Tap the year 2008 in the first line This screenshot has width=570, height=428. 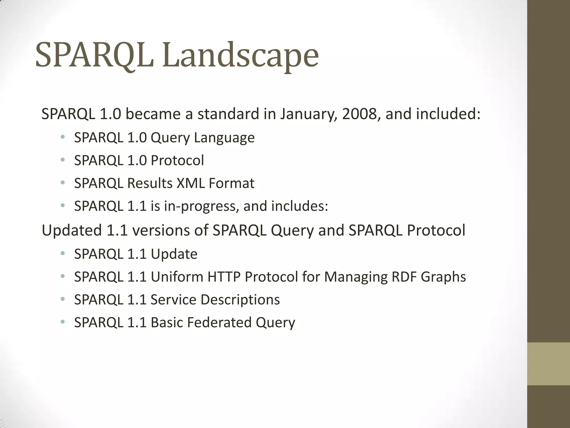pos(359,114)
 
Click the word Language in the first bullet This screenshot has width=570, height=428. pos(224,138)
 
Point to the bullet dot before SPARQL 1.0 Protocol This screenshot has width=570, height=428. pos(63,160)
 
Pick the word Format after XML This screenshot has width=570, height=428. pos(231,183)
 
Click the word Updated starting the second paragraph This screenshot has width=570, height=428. pos(72,230)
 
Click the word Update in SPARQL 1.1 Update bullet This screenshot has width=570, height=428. pos(174,254)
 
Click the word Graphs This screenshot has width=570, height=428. pos(443,277)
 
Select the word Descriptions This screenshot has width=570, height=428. pos(240,300)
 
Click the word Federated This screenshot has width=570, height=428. pos(219,322)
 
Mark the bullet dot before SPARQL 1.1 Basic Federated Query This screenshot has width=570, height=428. pos(63,322)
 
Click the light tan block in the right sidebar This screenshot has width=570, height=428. pos(548,364)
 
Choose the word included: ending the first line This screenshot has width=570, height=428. pos(448,114)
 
